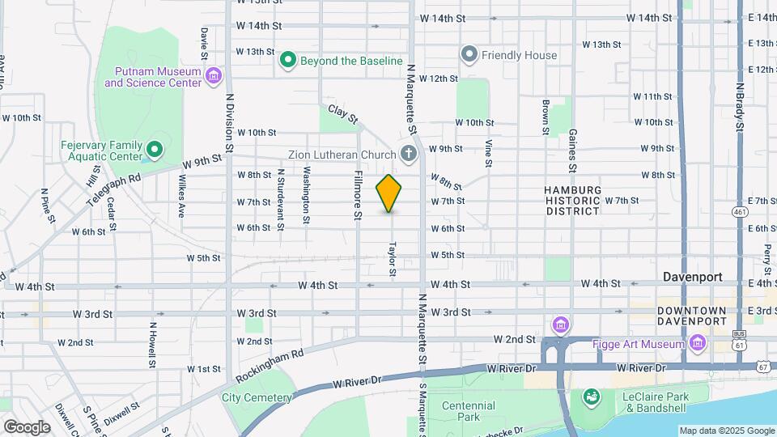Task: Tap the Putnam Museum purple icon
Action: (214, 77)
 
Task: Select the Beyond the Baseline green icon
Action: (287, 60)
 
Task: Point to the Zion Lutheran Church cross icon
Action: (410, 154)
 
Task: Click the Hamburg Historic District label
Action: (573, 200)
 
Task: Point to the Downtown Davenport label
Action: (691, 316)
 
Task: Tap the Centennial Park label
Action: (469, 411)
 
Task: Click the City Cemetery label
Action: (257, 397)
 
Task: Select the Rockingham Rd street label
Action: (270, 367)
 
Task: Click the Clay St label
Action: (342, 113)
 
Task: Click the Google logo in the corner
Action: (27, 426)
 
